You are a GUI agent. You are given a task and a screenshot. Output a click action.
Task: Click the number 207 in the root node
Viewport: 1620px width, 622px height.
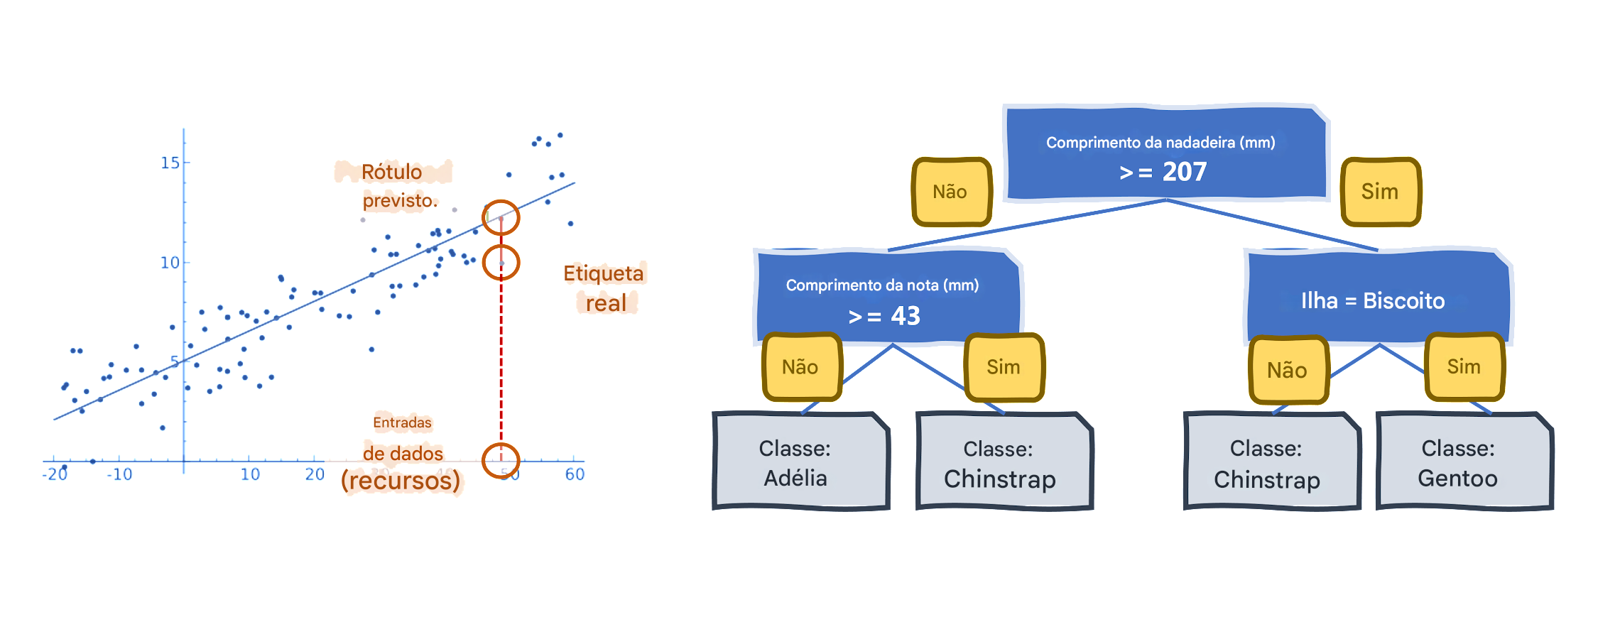[1184, 172]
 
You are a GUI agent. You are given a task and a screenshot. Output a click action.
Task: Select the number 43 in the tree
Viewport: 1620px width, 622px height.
[906, 316]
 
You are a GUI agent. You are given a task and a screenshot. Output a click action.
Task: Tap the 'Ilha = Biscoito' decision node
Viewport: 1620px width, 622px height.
[1373, 300]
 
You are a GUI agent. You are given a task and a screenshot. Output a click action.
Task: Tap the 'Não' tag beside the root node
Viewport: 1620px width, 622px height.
[950, 192]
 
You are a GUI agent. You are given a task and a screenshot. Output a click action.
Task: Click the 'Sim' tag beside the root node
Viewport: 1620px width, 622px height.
[1380, 192]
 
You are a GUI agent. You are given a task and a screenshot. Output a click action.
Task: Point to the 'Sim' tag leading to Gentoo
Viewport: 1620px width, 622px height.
[1464, 367]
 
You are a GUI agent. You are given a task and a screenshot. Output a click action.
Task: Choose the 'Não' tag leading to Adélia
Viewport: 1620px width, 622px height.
[800, 367]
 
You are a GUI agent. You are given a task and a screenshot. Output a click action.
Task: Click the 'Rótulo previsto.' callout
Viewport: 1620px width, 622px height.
[393, 187]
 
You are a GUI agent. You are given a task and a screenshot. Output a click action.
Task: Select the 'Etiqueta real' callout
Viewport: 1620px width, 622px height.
[607, 288]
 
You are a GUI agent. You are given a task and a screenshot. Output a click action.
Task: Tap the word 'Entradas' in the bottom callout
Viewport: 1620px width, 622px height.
[402, 423]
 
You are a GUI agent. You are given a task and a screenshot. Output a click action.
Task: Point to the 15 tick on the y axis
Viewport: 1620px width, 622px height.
[170, 163]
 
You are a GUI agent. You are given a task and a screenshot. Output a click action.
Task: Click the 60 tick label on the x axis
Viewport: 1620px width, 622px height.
[575, 474]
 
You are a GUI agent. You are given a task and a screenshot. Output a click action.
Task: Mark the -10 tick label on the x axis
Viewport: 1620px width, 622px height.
[119, 474]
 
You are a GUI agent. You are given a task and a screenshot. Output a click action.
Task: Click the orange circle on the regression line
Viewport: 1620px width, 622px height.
[501, 218]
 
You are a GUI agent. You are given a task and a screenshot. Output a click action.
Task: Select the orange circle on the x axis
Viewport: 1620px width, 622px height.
[501, 460]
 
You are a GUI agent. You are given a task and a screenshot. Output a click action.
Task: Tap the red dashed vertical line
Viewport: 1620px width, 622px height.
[501, 355]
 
